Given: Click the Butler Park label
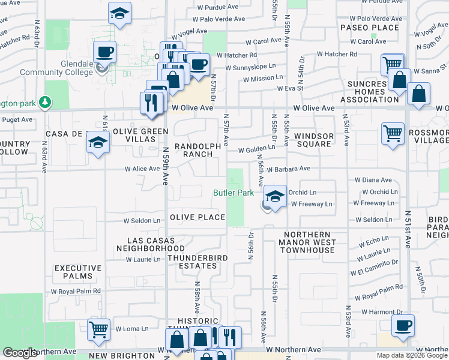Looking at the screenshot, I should click(235, 193).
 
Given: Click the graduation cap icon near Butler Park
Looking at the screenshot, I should click(275, 197).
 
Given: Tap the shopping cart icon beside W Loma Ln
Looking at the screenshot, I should click(98, 329).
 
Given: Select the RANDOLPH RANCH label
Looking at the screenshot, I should click(193, 150).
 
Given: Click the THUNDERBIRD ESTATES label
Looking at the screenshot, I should click(192, 262).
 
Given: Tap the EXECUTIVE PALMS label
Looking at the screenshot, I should click(74, 272).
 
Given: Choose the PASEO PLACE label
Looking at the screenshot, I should click(369, 28).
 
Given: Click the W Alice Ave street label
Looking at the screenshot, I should click(142, 169).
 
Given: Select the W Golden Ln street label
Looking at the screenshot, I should click(258, 149).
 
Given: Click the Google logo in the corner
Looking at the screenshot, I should click(20, 353).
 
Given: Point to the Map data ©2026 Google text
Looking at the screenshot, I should click(412, 355).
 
